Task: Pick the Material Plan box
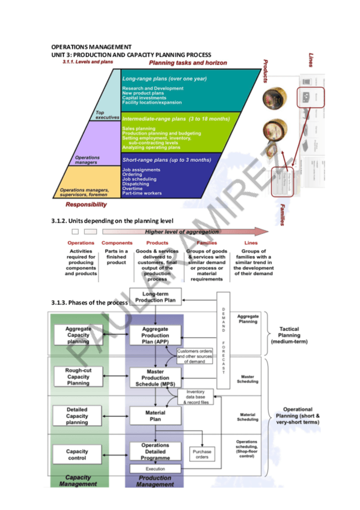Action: point(155,416)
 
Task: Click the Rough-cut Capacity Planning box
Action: point(78,376)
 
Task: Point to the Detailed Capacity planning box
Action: point(78,416)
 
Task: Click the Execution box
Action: point(155,469)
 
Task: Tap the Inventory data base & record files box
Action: point(195,396)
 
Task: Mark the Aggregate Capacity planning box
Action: point(78,334)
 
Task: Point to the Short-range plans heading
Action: point(166,160)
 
